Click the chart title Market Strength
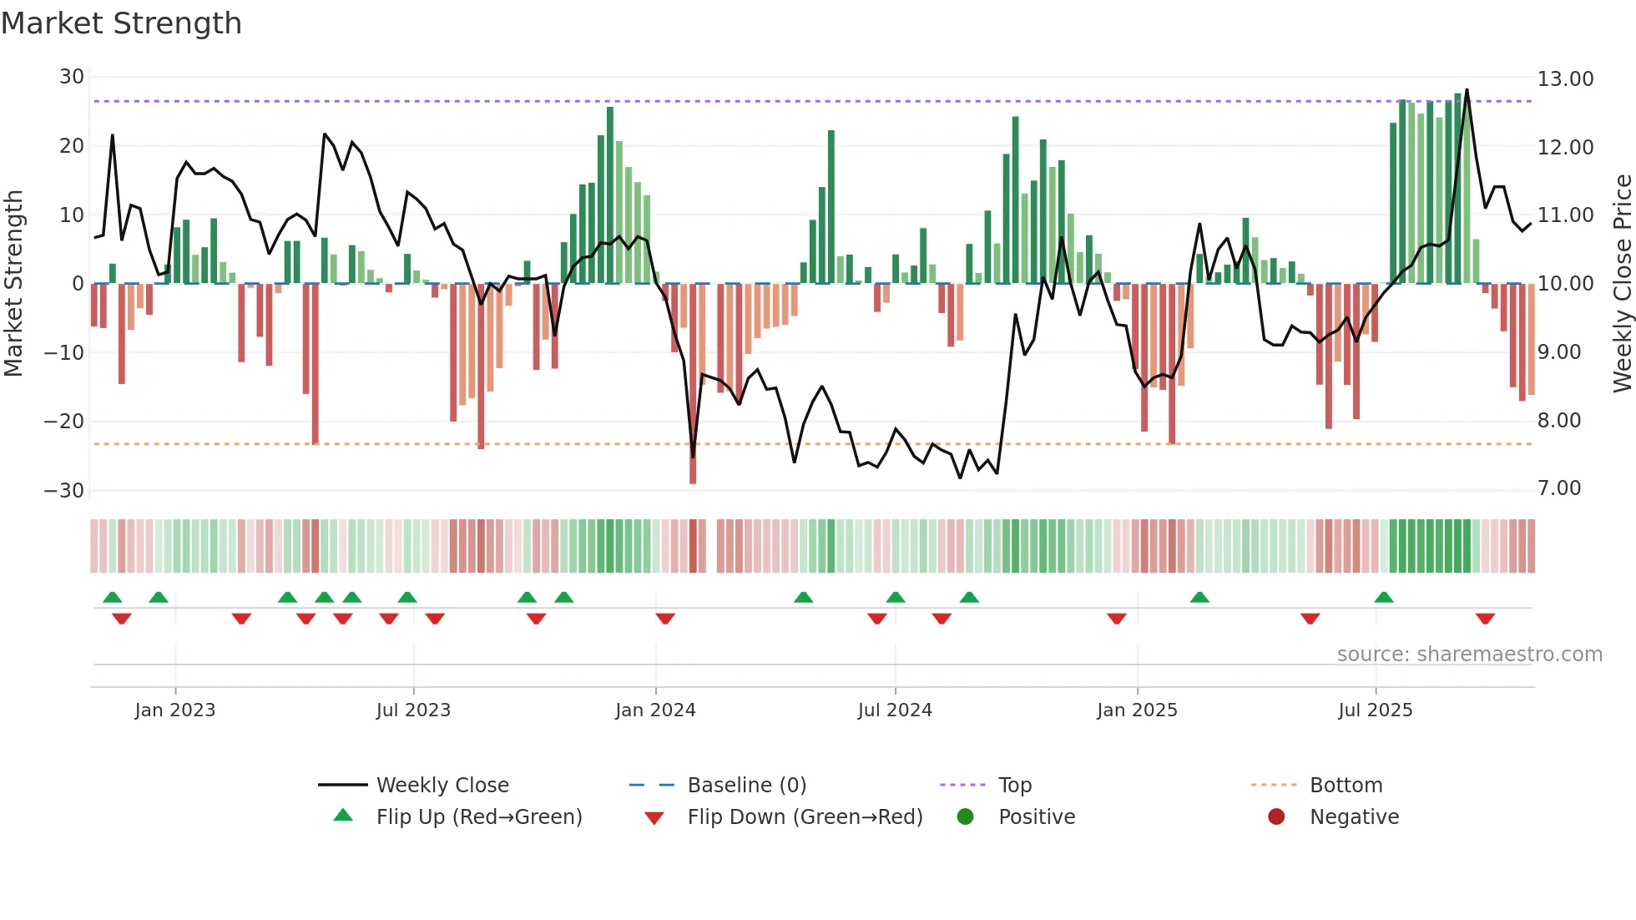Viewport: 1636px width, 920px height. [x=121, y=23]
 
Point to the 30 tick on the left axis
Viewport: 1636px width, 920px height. [x=72, y=77]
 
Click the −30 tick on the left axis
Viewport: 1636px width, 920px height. [x=64, y=490]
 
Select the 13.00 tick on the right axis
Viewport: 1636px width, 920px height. [x=1565, y=79]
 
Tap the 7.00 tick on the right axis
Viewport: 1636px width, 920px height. [x=1559, y=488]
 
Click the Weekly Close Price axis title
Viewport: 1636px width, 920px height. [x=1622, y=283]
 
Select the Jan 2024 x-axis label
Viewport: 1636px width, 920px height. [x=655, y=710]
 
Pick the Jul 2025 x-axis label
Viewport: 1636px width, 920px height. [x=1375, y=710]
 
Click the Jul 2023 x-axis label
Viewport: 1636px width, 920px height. [x=413, y=710]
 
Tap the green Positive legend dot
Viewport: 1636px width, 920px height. [x=965, y=816]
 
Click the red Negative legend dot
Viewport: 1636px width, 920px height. [x=1276, y=816]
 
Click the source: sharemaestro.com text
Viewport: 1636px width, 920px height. [x=1469, y=655]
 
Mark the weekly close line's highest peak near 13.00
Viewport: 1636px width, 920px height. [x=1467, y=90]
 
